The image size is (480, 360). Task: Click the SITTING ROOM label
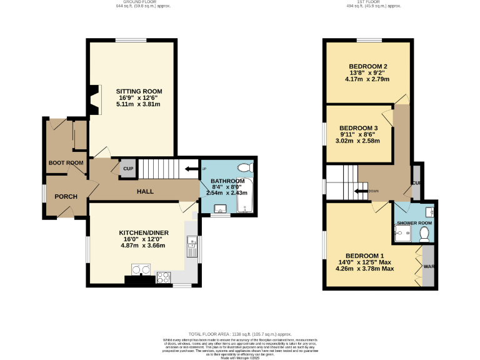tap(139, 91)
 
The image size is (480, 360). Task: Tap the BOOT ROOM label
tap(66, 163)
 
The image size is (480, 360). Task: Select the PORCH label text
tap(66, 197)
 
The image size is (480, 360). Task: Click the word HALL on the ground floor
tap(146, 191)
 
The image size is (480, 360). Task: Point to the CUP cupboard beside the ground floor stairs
tap(128, 169)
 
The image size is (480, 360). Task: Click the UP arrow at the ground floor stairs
tap(189, 168)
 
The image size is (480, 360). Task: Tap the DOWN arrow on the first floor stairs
tap(362, 191)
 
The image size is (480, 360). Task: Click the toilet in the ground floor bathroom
tap(245, 167)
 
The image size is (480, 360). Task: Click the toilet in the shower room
tap(424, 234)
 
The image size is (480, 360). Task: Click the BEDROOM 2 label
tap(368, 67)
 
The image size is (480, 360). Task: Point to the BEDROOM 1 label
tap(365, 256)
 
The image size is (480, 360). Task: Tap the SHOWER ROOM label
tap(414, 222)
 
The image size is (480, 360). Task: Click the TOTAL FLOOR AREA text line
tap(240, 334)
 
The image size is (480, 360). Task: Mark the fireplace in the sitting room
tap(95, 100)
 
